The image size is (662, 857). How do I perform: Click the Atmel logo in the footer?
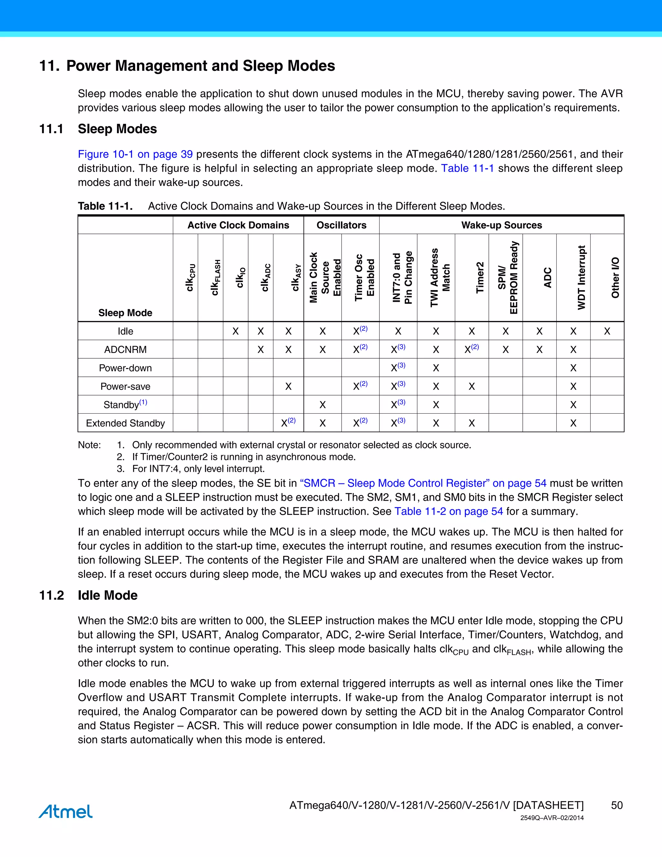tap(66, 811)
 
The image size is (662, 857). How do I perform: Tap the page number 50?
tap(616, 805)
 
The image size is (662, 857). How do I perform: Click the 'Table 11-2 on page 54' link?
tap(449, 511)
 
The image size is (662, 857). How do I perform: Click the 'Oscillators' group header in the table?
tap(341, 225)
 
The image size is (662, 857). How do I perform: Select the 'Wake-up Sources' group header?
tap(501, 225)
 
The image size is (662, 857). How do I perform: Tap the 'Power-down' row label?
tap(125, 368)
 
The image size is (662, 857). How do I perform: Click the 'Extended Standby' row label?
tap(125, 423)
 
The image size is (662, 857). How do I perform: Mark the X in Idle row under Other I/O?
tap(607, 331)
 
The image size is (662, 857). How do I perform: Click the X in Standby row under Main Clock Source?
tap(322, 405)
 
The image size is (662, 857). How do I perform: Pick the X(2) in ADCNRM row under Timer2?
tap(471, 349)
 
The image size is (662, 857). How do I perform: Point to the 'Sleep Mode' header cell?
tap(125, 313)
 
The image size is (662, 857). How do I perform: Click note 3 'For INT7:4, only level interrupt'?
tap(198, 469)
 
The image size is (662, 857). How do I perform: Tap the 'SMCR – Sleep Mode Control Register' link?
tap(423, 483)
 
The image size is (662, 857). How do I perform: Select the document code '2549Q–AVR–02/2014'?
tap(552, 818)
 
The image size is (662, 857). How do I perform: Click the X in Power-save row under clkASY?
tap(288, 386)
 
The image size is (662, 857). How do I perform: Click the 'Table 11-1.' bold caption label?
tap(105, 206)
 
